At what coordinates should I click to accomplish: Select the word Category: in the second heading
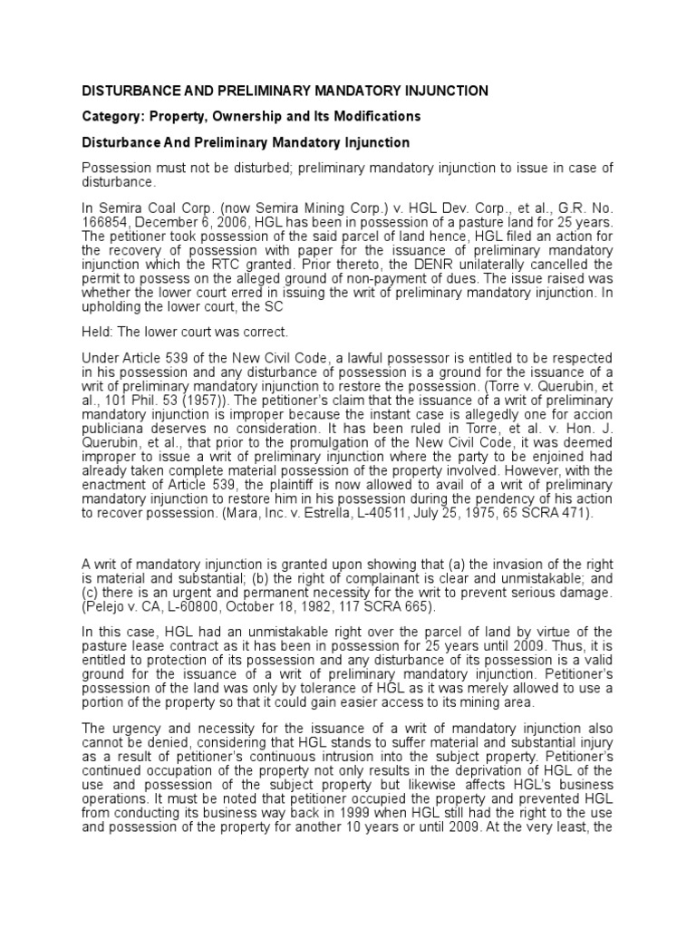pyautogui.click(x=113, y=117)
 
